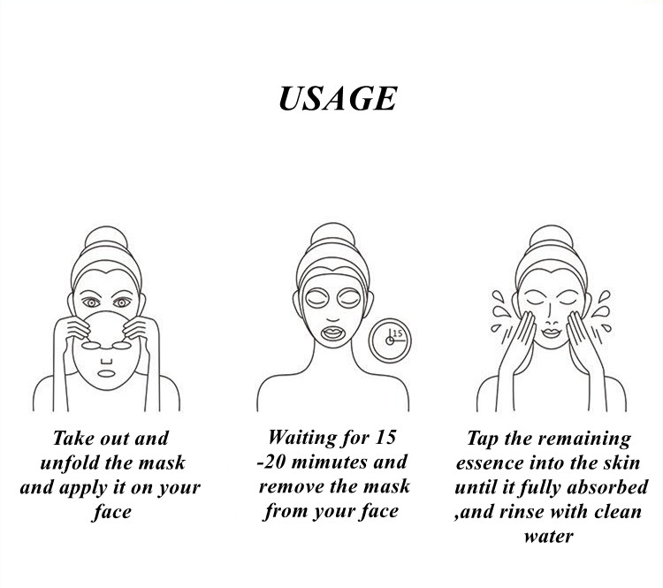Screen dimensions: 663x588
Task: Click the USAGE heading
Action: (338, 98)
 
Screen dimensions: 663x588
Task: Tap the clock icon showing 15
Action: (390, 340)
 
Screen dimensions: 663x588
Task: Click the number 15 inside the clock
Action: (398, 333)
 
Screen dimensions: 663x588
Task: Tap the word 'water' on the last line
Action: (548, 537)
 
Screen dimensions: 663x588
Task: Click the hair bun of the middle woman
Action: (332, 233)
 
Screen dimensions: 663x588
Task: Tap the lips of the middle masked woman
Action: (332, 332)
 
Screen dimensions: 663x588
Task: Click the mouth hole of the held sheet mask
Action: (106, 373)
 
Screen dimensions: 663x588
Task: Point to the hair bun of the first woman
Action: (106, 237)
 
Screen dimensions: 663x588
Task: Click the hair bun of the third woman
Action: (551, 236)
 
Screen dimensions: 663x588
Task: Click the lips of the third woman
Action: (551, 333)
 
